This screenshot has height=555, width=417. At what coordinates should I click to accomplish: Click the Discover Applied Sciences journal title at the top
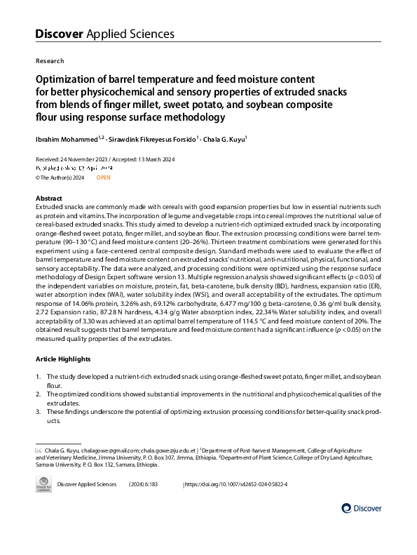[104, 34]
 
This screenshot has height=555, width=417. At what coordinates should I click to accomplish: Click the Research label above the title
[49, 61]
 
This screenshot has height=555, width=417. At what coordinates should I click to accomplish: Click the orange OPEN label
[103, 178]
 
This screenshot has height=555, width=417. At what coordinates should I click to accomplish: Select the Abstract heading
[48, 199]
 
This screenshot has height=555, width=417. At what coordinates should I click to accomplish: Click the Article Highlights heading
[64, 359]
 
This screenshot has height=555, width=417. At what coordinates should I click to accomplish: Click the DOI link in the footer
[236, 485]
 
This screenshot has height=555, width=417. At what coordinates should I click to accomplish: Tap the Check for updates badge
[44, 486]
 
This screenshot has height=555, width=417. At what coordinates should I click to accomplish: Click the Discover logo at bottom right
[361, 507]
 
